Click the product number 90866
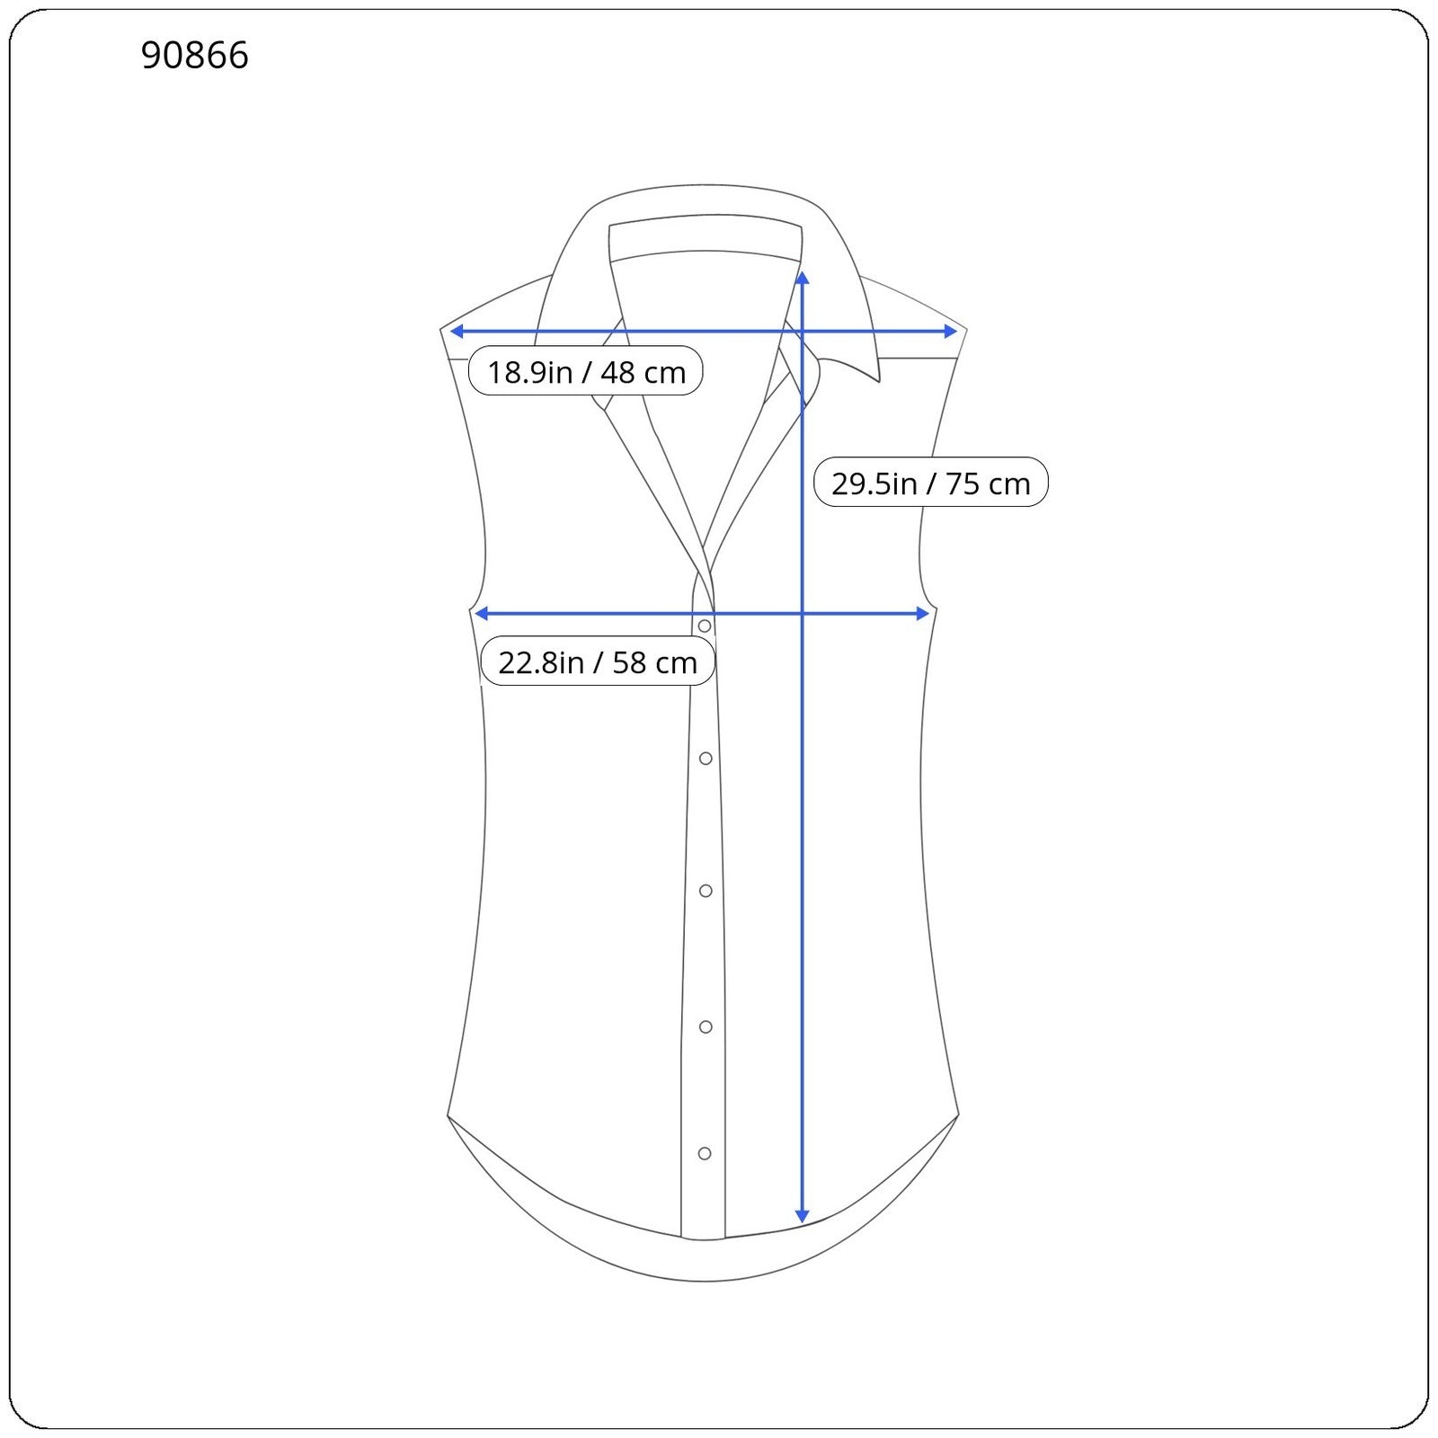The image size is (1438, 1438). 194,56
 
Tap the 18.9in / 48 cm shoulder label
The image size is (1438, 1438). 586,371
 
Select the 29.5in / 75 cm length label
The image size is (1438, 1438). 930,483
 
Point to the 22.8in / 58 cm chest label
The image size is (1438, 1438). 598,661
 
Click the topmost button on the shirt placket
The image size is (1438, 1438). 705,626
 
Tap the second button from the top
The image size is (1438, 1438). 706,759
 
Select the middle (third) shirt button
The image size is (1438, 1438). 706,891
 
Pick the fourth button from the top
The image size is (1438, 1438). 706,1026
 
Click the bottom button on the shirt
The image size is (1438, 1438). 705,1153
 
